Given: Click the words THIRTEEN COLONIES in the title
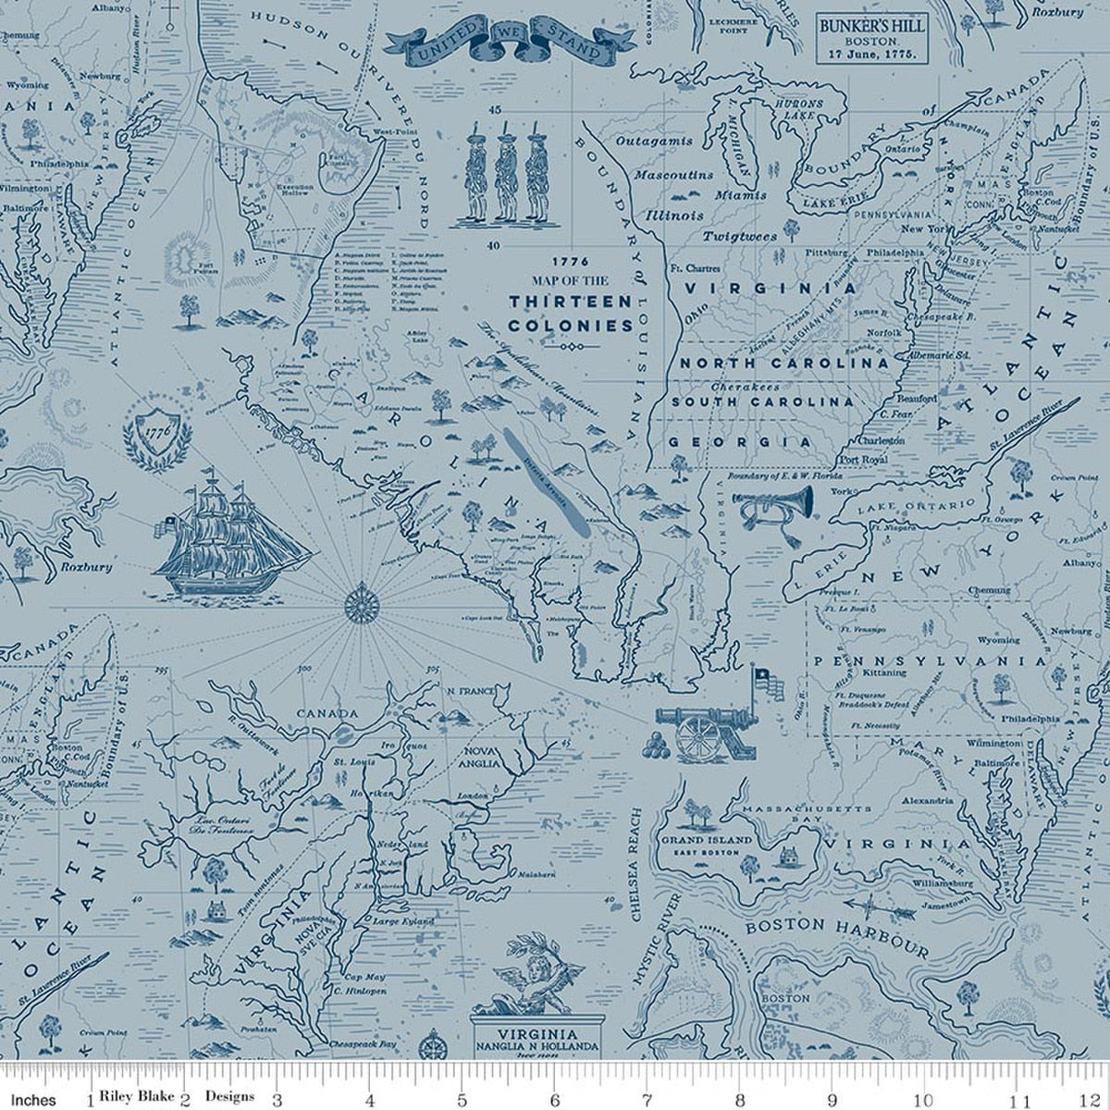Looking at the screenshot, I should click(571, 314).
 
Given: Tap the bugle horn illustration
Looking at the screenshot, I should click(775, 507).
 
